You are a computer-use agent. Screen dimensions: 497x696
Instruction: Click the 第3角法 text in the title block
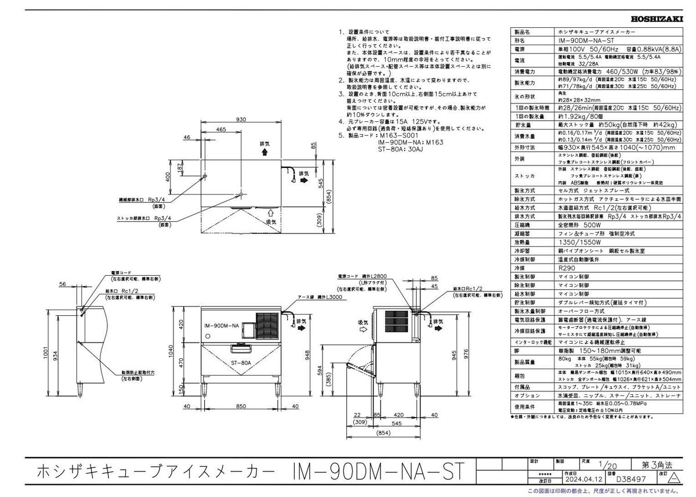[657, 465]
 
